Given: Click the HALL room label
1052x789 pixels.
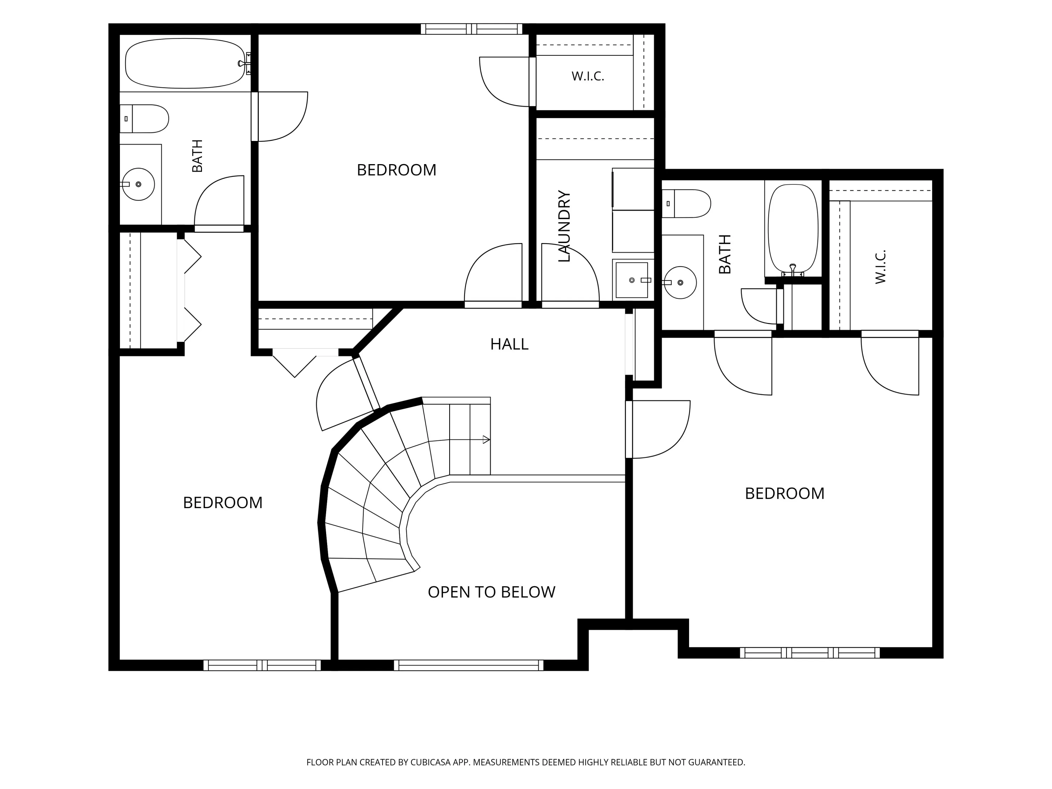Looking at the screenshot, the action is pyautogui.click(x=510, y=344).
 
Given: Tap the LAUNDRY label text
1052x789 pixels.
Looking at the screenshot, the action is pyautogui.click(x=564, y=227).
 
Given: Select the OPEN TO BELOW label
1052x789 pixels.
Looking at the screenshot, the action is pyautogui.click(x=491, y=592).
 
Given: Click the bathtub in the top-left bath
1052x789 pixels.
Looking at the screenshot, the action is pyautogui.click(x=185, y=63).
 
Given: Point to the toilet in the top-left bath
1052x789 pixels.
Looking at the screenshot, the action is pyautogui.click(x=144, y=119).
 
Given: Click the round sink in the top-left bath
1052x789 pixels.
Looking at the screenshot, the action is pyautogui.click(x=139, y=184).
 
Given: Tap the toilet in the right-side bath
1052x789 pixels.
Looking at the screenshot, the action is pyautogui.click(x=686, y=203).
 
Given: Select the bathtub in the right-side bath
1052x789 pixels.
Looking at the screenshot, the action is pyautogui.click(x=793, y=230).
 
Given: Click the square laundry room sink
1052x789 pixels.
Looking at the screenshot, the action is pyautogui.click(x=632, y=280).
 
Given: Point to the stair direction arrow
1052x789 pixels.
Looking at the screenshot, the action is pyautogui.click(x=486, y=440).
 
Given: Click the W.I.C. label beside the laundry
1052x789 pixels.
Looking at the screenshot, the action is pyautogui.click(x=588, y=76).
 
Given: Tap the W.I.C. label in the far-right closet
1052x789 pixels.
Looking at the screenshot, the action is pyautogui.click(x=881, y=267).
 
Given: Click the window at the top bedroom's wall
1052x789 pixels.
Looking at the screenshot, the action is pyautogui.click(x=471, y=29).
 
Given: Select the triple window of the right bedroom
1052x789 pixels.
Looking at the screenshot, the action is pyautogui.click(x=810, y=653).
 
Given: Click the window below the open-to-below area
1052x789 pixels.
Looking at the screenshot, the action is pyautogui.click(x=468, y=665).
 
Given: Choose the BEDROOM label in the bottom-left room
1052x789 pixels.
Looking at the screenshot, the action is pyautogui.click(x=223, y=503).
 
